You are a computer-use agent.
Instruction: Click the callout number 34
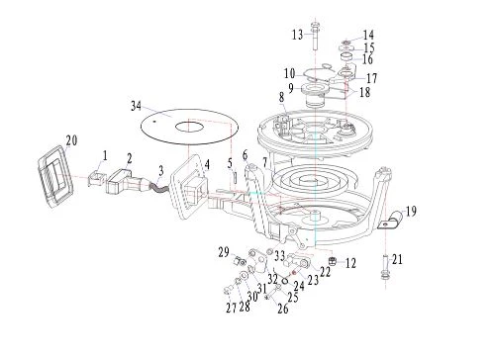click(x=136, y=106)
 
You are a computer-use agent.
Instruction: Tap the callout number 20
click(x=71, y=140)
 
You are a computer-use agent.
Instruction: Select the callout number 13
click(x=298, y=35)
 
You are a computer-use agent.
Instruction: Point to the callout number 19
click(x=411, y=212)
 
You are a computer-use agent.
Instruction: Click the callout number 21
click(x=397, y=259)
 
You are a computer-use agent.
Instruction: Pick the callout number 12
click(x=350, y=263)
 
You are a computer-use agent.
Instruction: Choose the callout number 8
click(x=281, y=97)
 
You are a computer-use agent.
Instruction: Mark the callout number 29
click(x=224, y=252)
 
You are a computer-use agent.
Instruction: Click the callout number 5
click(x=230, y=163)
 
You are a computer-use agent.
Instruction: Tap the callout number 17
click(x=371, y=78)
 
